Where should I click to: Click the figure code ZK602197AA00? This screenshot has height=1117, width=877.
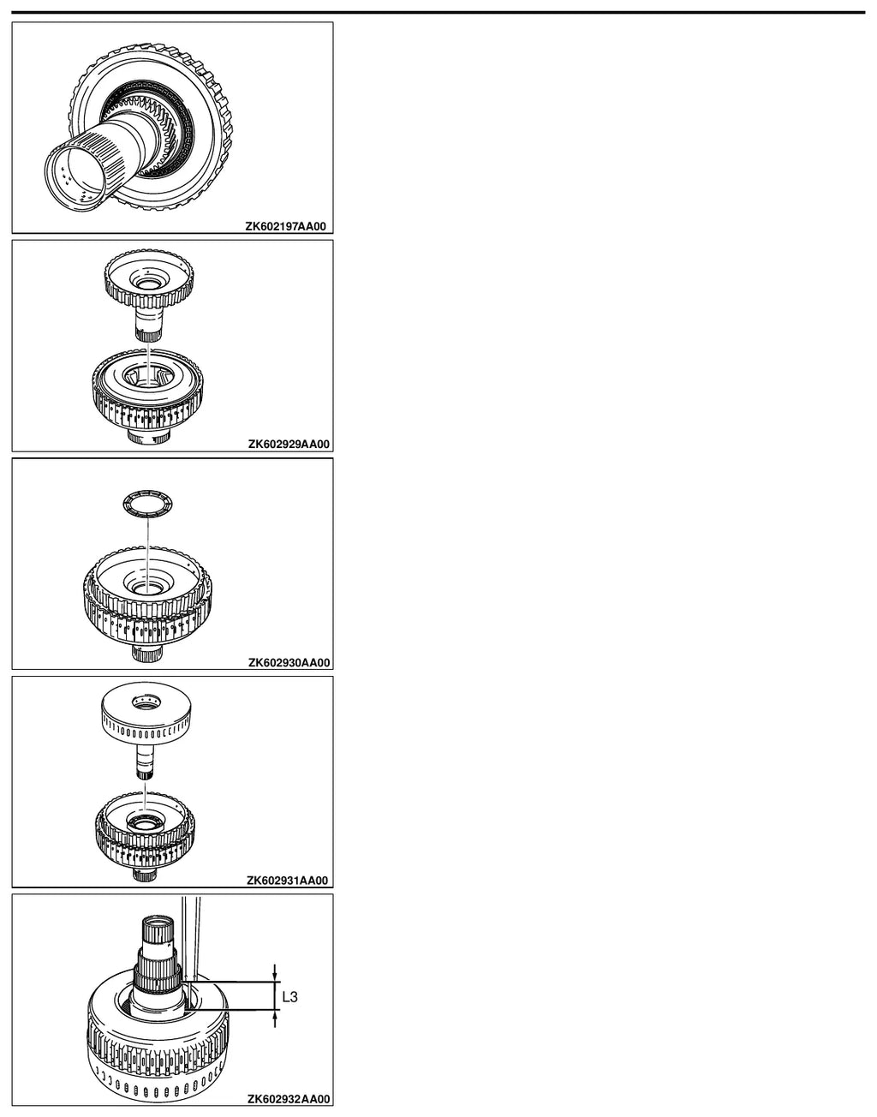(286, 226)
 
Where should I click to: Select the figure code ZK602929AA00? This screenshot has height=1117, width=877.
(289, 444)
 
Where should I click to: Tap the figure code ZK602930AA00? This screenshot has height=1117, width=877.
(289, 663)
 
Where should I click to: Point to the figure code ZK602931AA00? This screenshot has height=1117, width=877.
(287, 881)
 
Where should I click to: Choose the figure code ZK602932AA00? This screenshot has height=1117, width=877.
(289, 1099)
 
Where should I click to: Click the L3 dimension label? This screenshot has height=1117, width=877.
(289, 997)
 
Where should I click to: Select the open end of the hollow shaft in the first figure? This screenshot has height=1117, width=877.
(76, 176)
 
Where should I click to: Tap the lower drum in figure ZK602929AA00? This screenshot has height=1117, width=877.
(147, 396)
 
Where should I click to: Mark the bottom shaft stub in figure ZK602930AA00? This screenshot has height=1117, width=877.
(147, 654)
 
